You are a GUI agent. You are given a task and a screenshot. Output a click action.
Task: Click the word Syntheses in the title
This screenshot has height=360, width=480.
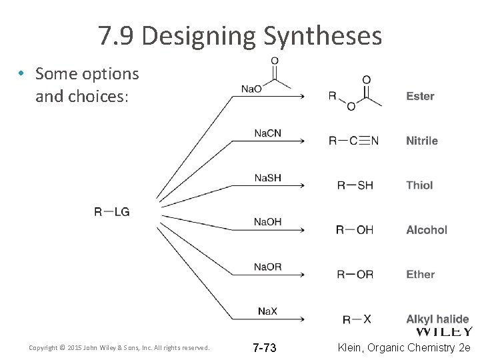323,36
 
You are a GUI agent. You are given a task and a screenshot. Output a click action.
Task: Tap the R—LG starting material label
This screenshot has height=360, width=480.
112,212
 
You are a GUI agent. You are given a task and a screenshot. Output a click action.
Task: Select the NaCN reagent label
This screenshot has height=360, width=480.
267,133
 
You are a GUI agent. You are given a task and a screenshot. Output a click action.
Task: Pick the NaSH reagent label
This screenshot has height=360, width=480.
267,178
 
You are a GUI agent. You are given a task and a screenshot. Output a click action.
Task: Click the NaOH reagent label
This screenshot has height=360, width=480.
267,222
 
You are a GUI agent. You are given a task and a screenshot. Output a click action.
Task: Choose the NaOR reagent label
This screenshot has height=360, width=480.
267,267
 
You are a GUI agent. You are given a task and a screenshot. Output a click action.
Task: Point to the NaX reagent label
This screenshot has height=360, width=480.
267,311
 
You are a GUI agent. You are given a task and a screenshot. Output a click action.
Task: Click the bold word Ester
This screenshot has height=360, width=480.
420,96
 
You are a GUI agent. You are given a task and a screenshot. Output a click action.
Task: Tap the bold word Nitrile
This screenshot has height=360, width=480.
422,141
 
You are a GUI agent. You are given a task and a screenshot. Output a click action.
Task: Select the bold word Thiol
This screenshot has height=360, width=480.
419,185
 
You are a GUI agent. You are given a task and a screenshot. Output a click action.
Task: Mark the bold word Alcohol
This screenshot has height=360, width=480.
427,230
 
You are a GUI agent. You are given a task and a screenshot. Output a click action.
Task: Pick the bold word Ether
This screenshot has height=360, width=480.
420,274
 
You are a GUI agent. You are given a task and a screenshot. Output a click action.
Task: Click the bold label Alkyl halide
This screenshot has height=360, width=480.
437,319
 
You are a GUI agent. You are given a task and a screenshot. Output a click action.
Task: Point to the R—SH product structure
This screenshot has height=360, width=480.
355,185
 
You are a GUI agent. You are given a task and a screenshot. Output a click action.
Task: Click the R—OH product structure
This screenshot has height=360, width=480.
355,230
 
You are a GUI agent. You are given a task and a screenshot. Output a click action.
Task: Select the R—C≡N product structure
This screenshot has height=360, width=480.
354,141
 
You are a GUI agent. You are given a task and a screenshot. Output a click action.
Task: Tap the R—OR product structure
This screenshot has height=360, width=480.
355,274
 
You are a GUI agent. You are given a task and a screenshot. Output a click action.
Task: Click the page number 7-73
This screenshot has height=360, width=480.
265,348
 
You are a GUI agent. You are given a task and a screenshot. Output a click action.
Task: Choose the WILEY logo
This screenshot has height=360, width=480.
445,331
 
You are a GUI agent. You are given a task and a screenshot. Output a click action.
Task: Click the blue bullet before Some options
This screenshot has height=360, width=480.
22,74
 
